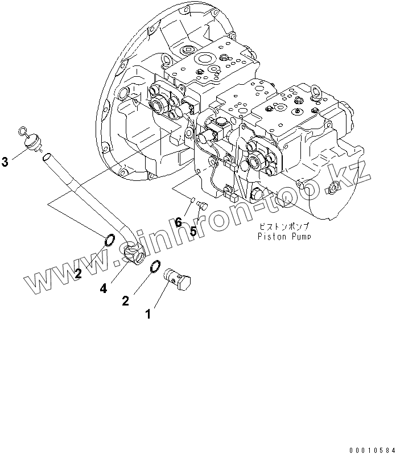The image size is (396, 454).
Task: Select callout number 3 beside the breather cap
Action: tap(5, 163)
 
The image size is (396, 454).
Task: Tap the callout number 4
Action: tap(103, 289)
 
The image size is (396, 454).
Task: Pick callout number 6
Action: tap(178, 222)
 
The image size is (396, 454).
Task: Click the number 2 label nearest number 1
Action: tap(125, 301)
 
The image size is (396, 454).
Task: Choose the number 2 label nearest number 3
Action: tap(78, 274)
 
